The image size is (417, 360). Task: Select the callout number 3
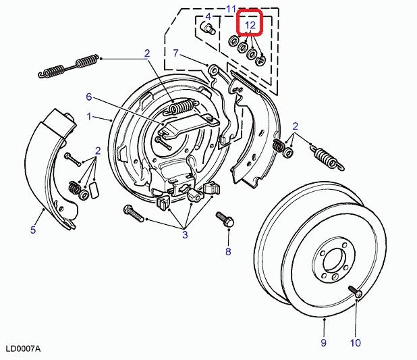[x=184, y=234]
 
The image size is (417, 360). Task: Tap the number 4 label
[x=208, y=17]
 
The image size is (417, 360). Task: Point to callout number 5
[x=32, y=230]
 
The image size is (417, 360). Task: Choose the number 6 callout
[x=88, y=97]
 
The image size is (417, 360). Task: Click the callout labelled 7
[x=175, y=53]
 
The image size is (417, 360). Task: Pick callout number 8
[x=228, y=252]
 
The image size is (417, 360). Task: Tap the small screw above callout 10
[x=355, y=292]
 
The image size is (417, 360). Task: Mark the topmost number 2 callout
[x=146, y=53]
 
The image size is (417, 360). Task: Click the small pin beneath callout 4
[x=208, y=29]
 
